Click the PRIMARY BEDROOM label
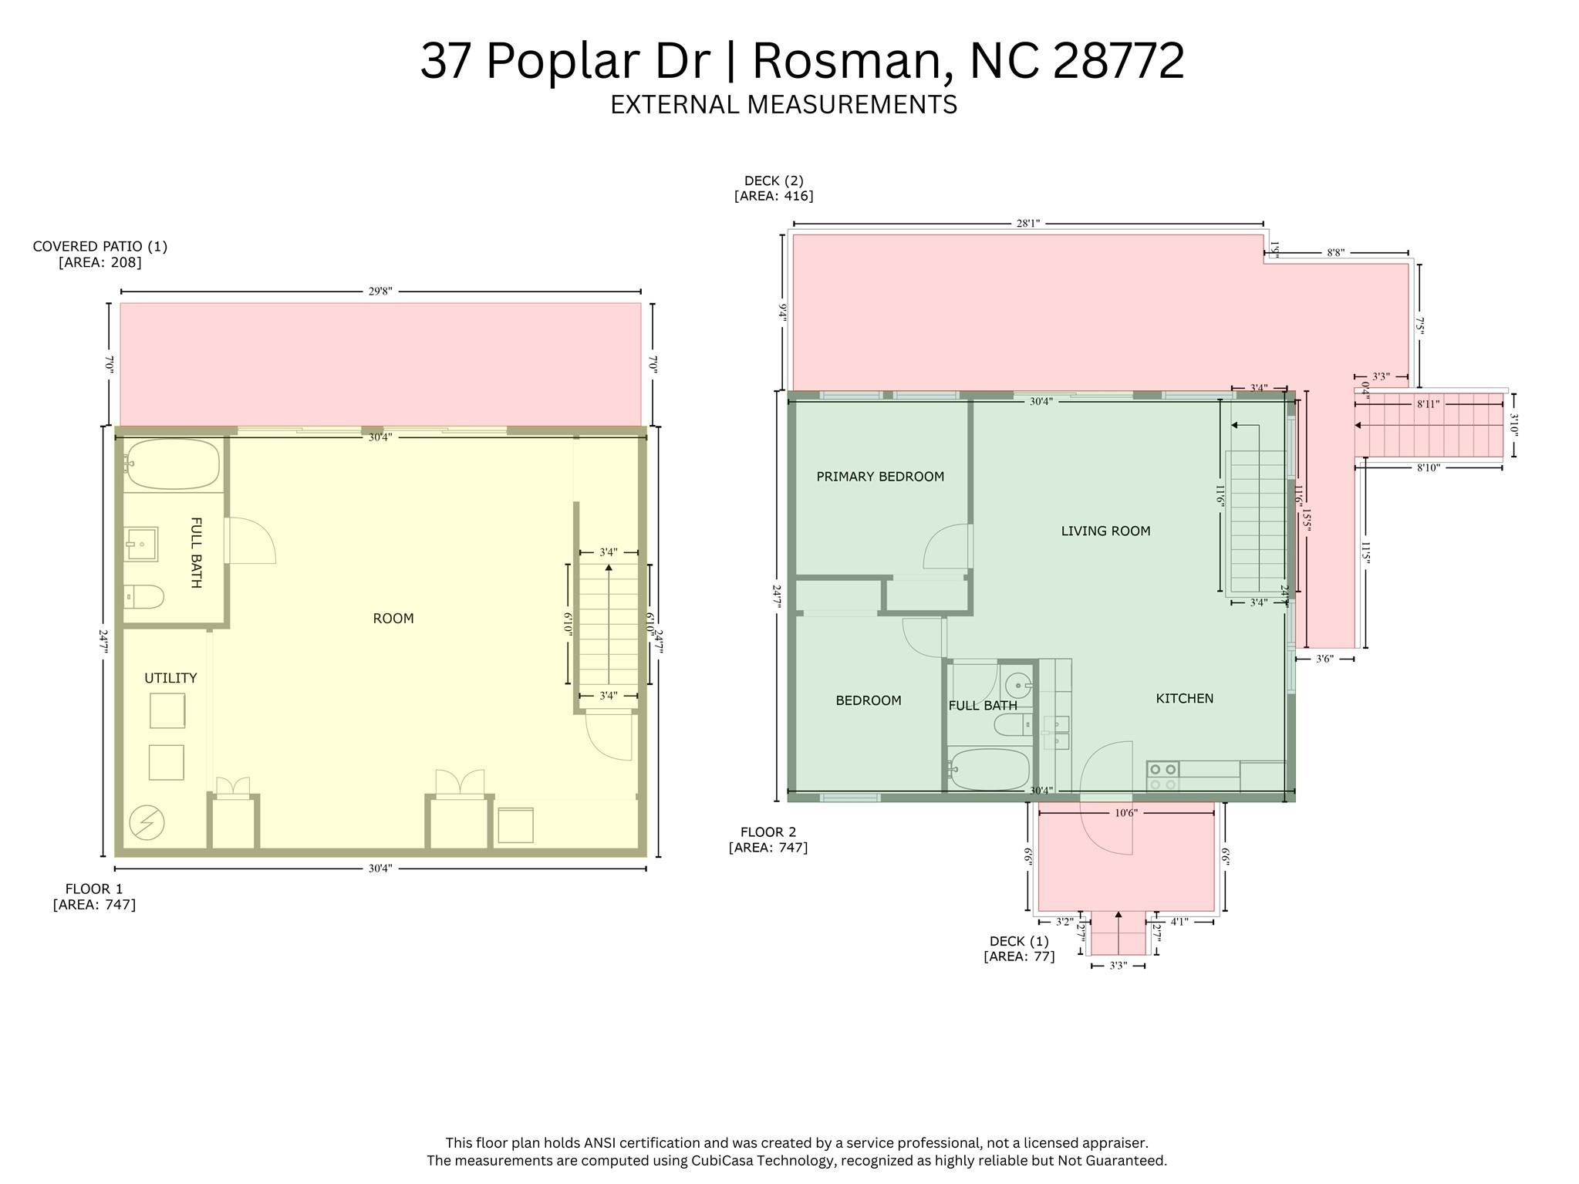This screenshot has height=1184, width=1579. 880,477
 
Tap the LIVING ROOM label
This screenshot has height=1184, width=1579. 1105,531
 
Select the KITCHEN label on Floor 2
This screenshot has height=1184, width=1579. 1184,698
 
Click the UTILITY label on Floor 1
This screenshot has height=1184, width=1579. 170,678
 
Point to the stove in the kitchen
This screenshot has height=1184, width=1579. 1162,777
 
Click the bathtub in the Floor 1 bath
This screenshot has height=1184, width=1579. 173,464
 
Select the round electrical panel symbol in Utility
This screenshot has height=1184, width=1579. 147,822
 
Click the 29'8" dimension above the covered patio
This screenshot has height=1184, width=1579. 380,292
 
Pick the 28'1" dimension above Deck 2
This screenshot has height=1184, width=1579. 1027,224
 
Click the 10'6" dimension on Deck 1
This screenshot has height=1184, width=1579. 1126,813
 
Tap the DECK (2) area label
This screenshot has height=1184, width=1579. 774,188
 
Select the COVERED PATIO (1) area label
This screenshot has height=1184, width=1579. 100,254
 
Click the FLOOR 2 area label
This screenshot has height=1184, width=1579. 768,839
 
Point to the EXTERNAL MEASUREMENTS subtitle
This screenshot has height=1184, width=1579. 784,105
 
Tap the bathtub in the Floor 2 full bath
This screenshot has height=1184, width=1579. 990,769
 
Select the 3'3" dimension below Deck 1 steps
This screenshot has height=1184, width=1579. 1118,966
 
